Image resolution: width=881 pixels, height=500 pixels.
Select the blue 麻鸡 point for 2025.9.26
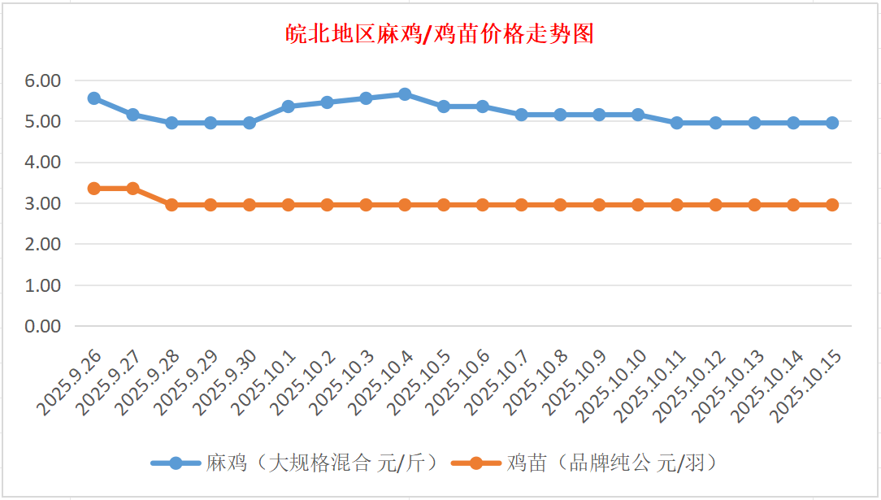[x=93, y=98]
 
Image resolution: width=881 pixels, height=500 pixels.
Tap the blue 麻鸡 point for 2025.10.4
[x=405, y=94]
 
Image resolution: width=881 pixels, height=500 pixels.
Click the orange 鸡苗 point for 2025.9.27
[x=132, y=189]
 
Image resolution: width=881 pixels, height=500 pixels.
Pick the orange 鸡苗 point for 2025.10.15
[x=832, y=205]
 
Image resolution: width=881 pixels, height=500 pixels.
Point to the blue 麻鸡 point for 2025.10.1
[x=288, y=107]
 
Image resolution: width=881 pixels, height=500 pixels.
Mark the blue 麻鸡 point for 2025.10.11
[x=677, y=123]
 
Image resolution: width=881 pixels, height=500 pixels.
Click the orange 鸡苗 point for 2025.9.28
[x=171, y=205]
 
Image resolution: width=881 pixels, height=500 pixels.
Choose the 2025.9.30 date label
[x=228, y=384]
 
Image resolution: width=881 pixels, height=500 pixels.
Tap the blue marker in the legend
[x=176, y=463]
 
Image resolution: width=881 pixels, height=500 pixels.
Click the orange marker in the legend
[x=476, y=463]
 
